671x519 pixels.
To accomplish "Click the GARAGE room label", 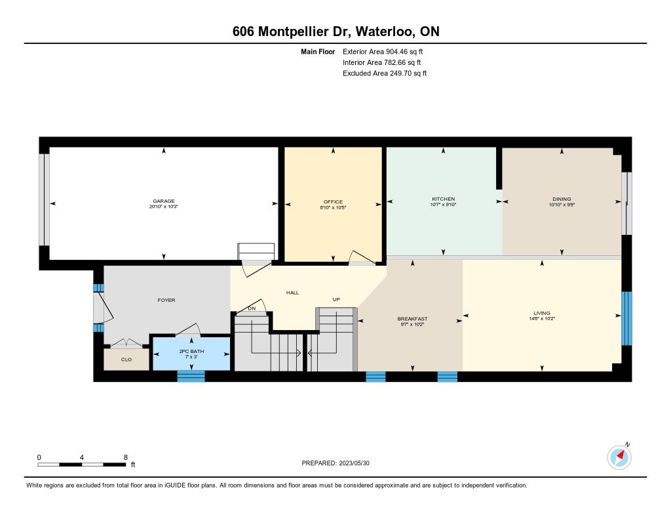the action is point(164,201).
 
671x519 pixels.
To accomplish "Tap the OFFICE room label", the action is point(333,202).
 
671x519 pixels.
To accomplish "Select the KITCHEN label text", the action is point(444,199).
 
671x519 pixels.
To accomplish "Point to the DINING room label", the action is point(562,199).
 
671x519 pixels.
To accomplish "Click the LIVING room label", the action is point(542,313).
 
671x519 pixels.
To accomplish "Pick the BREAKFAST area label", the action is point(413,319).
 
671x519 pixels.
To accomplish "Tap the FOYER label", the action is point(166,300).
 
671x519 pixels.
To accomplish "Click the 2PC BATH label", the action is point(192,352).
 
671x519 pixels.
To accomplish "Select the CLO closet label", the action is point(126,360).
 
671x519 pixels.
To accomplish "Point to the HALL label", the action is point(293,293).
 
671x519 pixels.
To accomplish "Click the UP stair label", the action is point(336,300).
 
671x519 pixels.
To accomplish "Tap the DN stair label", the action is point(252,308).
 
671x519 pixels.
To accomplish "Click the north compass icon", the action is point(619,457).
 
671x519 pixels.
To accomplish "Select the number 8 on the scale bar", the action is point(126,457).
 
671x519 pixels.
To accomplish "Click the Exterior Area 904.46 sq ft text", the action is point(383,51).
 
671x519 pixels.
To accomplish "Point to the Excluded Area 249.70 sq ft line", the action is point(385,73).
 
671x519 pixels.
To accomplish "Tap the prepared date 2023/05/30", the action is point(355,463).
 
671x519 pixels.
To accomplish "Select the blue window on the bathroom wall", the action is point(191,376).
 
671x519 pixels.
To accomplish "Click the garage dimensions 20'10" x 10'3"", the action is point(164,207).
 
